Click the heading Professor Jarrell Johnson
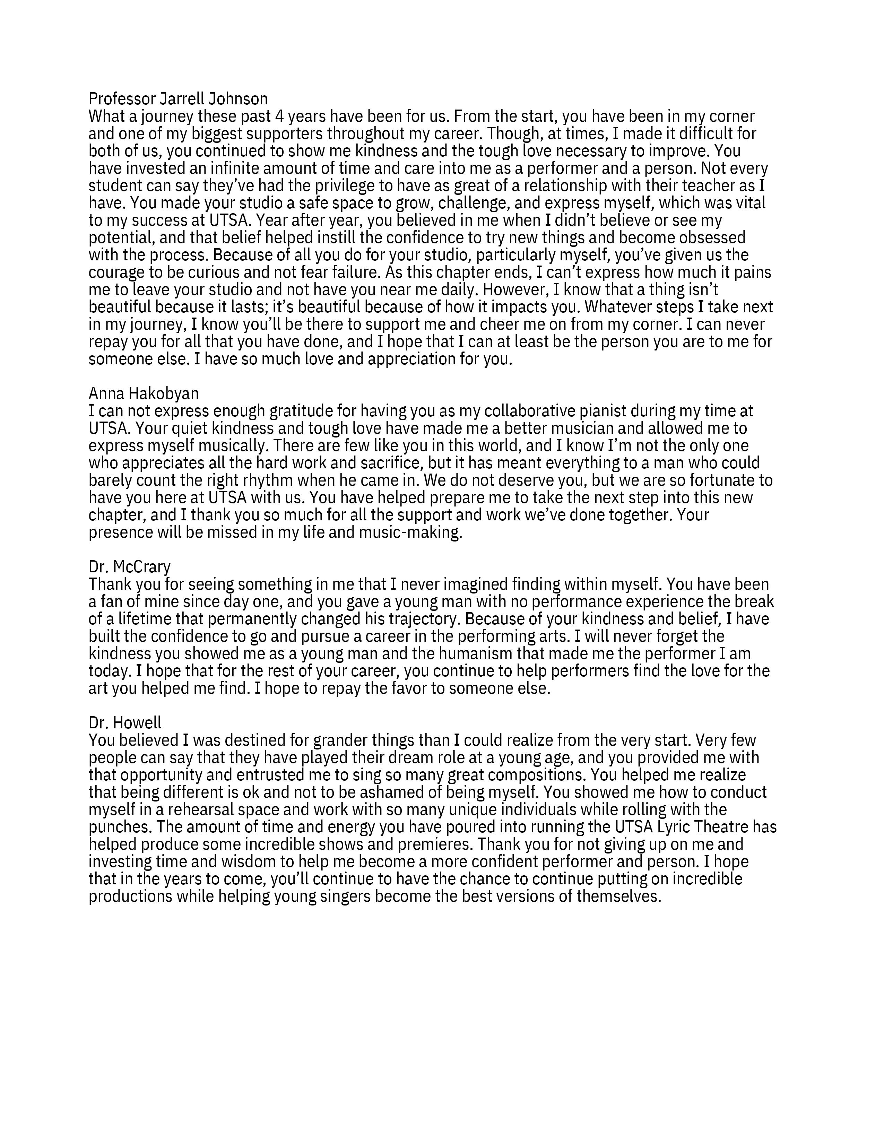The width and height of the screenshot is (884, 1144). pyautogui.click(x=178, y=98)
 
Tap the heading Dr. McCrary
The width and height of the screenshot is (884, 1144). pyautogui.click(x=129, y=567)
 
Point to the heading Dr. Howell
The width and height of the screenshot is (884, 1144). pyautogui.click(x=125, y=723)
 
